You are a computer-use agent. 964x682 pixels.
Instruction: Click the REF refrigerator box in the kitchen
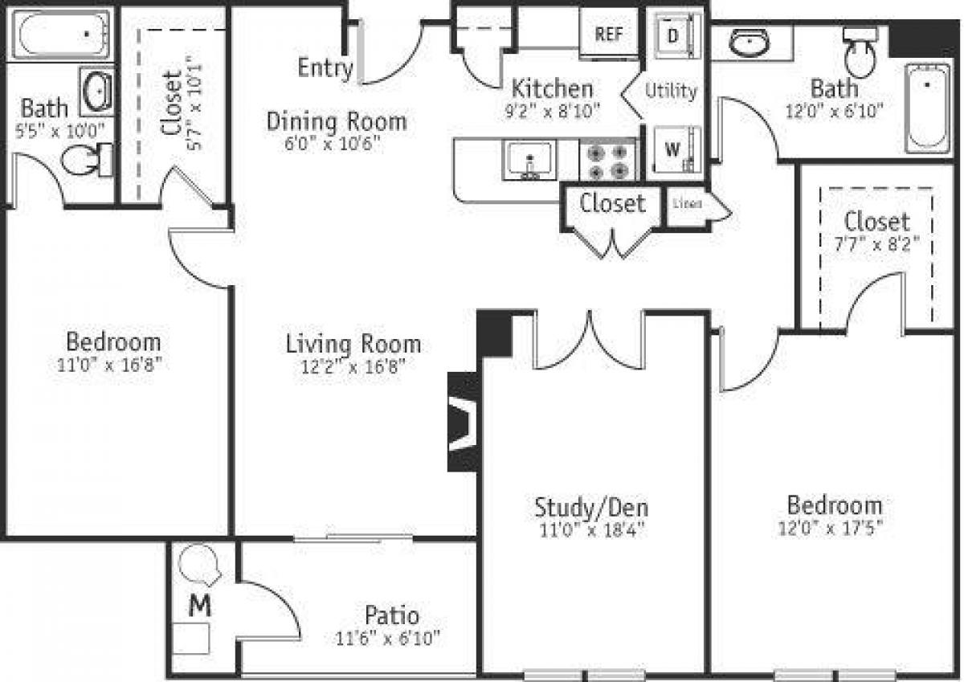click(609, 35)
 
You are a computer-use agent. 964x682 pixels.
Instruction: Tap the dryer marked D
click(674, 36)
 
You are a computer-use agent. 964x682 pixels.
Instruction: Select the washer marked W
click(673, 149)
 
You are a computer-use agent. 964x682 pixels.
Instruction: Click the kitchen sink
click(528, 159)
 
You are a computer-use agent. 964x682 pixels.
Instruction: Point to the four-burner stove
click(608, 160)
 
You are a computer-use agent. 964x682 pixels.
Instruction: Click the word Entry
click(325, 69)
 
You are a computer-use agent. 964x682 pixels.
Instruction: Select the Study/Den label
click(591, 507)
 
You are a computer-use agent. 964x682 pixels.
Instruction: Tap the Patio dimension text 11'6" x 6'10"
click(389, 639)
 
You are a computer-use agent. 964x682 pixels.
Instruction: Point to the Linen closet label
click(688, 203)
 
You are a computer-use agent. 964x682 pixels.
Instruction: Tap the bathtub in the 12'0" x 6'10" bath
click(929, 108)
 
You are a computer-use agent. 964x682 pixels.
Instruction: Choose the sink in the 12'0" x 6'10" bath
click(751, 43)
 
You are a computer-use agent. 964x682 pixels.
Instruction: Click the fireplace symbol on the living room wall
click(463, 422)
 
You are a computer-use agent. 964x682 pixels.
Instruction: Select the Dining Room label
click(336, 122)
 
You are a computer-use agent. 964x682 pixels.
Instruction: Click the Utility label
click(671, 91)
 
